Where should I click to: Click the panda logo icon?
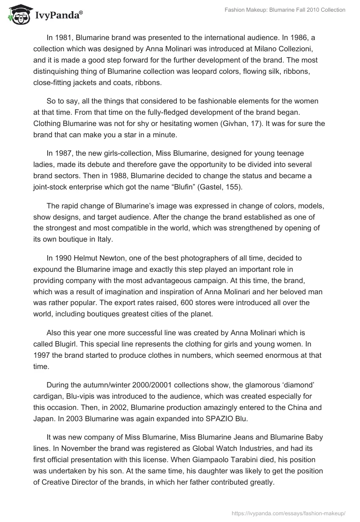(17, 14)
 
